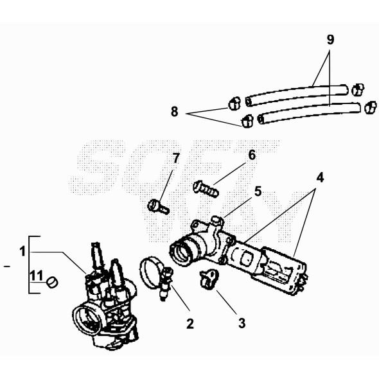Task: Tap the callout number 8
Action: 174,112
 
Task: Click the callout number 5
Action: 258,191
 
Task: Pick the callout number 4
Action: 319,175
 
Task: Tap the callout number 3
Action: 242,323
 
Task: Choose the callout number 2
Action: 189,323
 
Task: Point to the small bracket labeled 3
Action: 209,278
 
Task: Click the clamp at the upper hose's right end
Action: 359,87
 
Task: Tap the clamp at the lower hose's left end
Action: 246,120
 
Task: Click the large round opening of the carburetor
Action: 87,317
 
